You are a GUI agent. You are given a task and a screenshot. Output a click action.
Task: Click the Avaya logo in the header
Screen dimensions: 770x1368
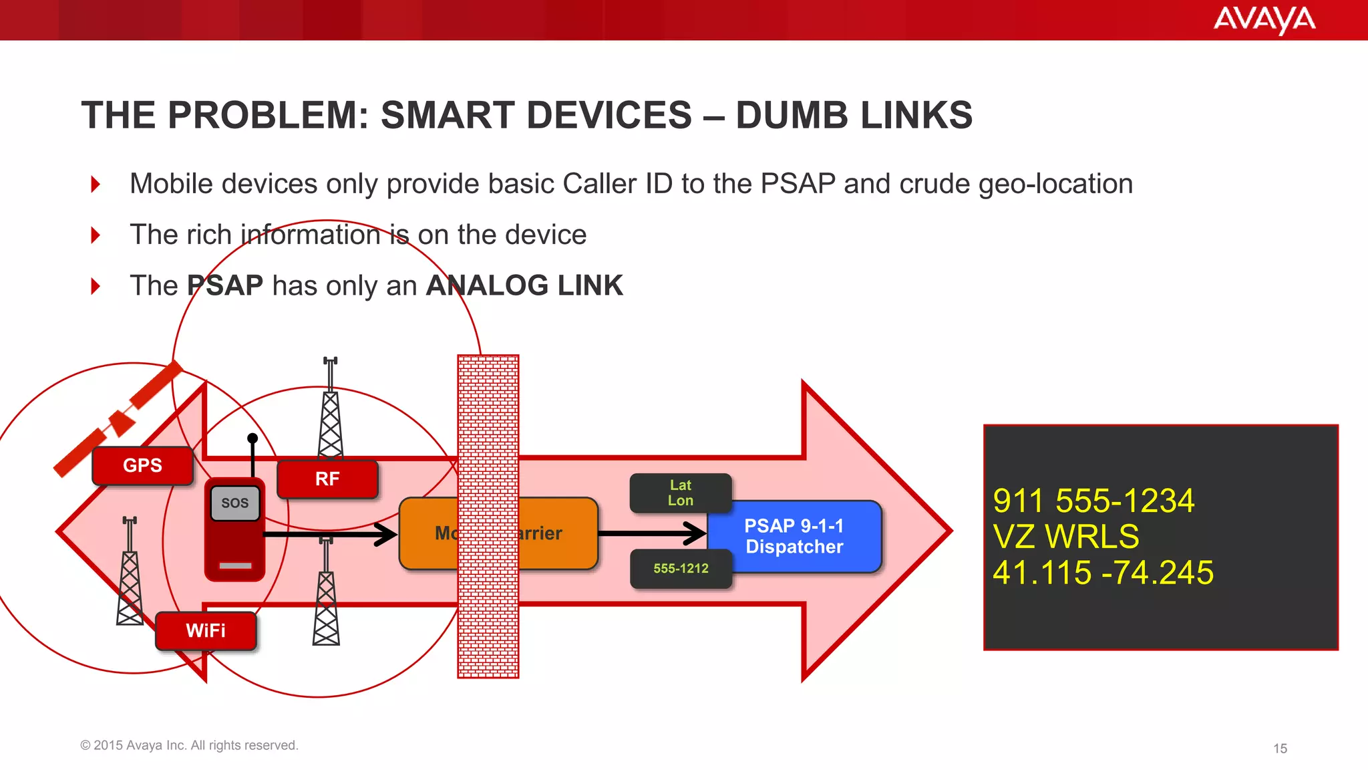(1264, 19)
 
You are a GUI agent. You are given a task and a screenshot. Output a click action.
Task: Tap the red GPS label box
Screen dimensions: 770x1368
(142, 465)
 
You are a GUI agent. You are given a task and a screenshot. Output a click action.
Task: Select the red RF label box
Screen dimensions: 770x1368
(327, 479)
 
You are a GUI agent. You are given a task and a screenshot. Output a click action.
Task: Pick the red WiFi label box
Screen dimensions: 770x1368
(206, 630)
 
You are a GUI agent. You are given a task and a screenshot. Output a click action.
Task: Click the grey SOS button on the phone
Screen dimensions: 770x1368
(234, 503)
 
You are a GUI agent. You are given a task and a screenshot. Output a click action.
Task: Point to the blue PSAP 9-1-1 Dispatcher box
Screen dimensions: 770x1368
(795, 536)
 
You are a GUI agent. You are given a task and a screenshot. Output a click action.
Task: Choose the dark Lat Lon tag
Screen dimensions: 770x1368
(681, 493)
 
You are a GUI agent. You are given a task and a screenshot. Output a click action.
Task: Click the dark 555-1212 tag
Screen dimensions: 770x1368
(681, 569)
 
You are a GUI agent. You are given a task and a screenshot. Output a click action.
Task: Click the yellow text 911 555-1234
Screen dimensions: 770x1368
(1093, 501)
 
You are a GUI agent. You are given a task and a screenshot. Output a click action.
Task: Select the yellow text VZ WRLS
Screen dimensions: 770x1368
(1066, 536)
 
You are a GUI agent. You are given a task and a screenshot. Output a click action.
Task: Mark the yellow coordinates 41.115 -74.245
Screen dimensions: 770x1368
(1103, 572)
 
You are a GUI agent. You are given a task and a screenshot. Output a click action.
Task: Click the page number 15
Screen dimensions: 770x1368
(1280, 749)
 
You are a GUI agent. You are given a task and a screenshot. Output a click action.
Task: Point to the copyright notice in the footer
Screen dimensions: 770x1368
(189, 745)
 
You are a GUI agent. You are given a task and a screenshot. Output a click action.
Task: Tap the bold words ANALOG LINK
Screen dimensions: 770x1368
(524, 285)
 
